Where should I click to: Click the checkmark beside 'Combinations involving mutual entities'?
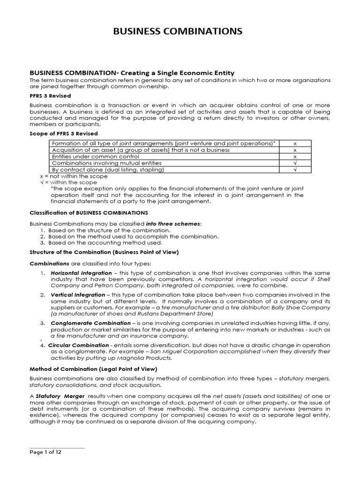[295, 163]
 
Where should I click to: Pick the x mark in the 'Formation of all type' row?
[295, 143]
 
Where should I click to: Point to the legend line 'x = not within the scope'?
[74, 176]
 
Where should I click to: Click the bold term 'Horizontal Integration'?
[81, 273]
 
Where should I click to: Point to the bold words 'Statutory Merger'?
[56, 396]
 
